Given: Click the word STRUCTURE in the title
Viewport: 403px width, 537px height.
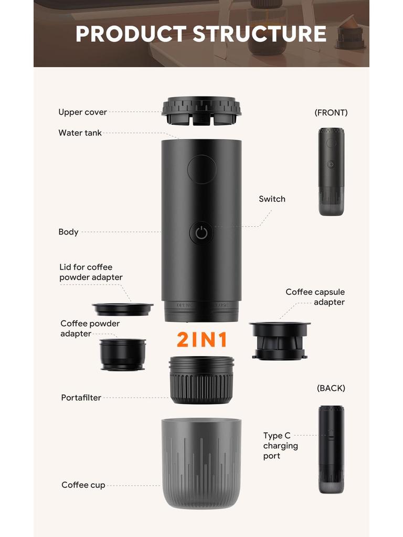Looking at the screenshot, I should (x=259, y=34).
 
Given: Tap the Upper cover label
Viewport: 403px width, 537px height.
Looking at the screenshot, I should (x=82, y=112).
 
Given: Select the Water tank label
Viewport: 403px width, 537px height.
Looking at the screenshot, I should (x=80, y=133).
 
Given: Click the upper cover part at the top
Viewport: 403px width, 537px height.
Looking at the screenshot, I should (x=201, y=110).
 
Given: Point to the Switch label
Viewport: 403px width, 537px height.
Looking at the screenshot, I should (x=272, y=199).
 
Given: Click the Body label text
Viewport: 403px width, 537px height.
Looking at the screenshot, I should (x=68, y=232).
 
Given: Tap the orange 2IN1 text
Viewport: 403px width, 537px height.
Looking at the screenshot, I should (x=202, y=340).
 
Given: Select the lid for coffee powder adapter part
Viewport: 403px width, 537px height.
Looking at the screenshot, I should (x=123, y=309).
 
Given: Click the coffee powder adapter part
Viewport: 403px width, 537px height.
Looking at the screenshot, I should (x=123, y=355).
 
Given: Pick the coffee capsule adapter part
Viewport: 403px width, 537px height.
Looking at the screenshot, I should (x=280, y=341).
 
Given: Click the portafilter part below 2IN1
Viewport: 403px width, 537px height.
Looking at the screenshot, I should (x=201, y=380).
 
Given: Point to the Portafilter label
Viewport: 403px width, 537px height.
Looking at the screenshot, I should (x=81, y=398).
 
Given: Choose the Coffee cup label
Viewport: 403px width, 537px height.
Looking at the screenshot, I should (x=83, y=485).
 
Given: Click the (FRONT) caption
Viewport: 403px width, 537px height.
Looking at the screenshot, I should (x=331, y=112).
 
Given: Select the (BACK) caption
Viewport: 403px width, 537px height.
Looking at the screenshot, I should (x=331, y=388).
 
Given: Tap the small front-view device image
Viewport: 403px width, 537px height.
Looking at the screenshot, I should (x=331, y=171).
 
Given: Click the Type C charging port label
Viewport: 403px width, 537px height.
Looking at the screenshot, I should (x=280, y=446).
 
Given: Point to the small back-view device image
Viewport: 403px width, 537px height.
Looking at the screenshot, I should (x=331, y=449).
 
